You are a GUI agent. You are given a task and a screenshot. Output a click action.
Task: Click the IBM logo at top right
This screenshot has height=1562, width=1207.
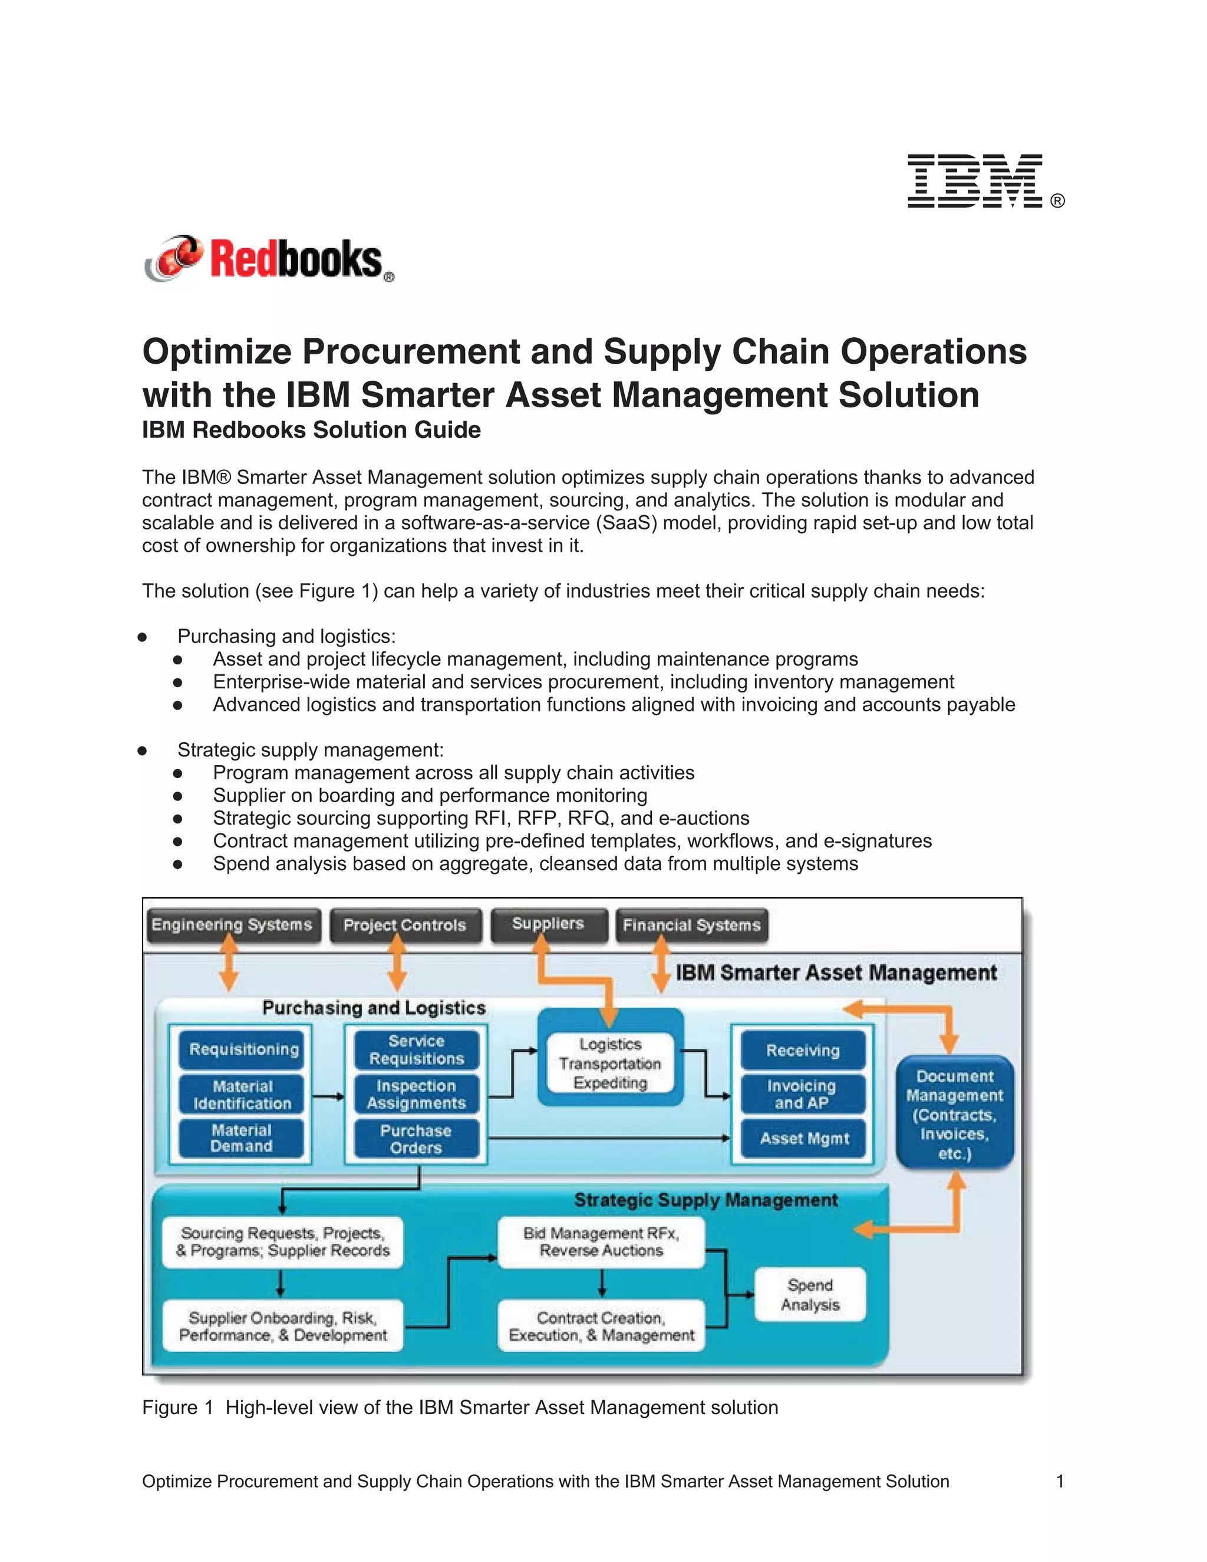click(975, 181)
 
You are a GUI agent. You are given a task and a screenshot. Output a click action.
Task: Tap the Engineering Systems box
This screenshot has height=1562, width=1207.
click(232, 925)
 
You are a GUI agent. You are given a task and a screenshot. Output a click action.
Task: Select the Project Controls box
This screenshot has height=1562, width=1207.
click(405, 925)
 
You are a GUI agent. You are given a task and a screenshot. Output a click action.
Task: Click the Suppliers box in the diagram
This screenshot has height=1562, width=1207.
click(549, 924)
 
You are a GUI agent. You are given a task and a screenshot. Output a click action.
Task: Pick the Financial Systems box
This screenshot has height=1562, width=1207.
click(691, 925)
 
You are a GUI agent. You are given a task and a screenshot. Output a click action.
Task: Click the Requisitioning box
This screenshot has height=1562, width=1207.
click(244, 1050)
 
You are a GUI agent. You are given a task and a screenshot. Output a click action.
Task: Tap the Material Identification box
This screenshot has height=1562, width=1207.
click(242, 1095)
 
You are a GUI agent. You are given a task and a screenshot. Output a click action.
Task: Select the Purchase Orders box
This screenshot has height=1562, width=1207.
click(416, 1139)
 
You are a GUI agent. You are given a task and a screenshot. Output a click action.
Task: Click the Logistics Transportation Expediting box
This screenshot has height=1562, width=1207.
click(611, 1063)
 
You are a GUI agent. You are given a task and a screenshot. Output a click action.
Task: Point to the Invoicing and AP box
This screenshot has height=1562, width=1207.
click(802, 1094)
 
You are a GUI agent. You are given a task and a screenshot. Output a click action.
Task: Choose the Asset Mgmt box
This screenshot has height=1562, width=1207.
click(804, 1139)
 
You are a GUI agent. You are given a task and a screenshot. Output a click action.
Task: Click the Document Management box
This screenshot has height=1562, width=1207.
click(955, 1114)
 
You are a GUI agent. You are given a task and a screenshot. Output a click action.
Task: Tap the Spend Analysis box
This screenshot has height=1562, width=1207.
click(810, 1295)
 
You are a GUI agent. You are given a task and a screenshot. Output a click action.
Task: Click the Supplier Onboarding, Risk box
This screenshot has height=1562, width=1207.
click(283, 1327)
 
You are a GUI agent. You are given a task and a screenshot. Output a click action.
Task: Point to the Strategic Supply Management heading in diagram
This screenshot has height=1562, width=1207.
click(705, 1200)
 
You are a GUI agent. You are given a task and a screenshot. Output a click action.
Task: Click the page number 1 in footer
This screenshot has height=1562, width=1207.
click(1060, 1481)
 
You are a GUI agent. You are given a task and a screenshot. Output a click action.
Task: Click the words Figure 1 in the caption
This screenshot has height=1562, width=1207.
click(177, 1408)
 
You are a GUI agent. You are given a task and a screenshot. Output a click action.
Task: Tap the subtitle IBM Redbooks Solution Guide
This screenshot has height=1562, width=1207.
click(311, 430)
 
